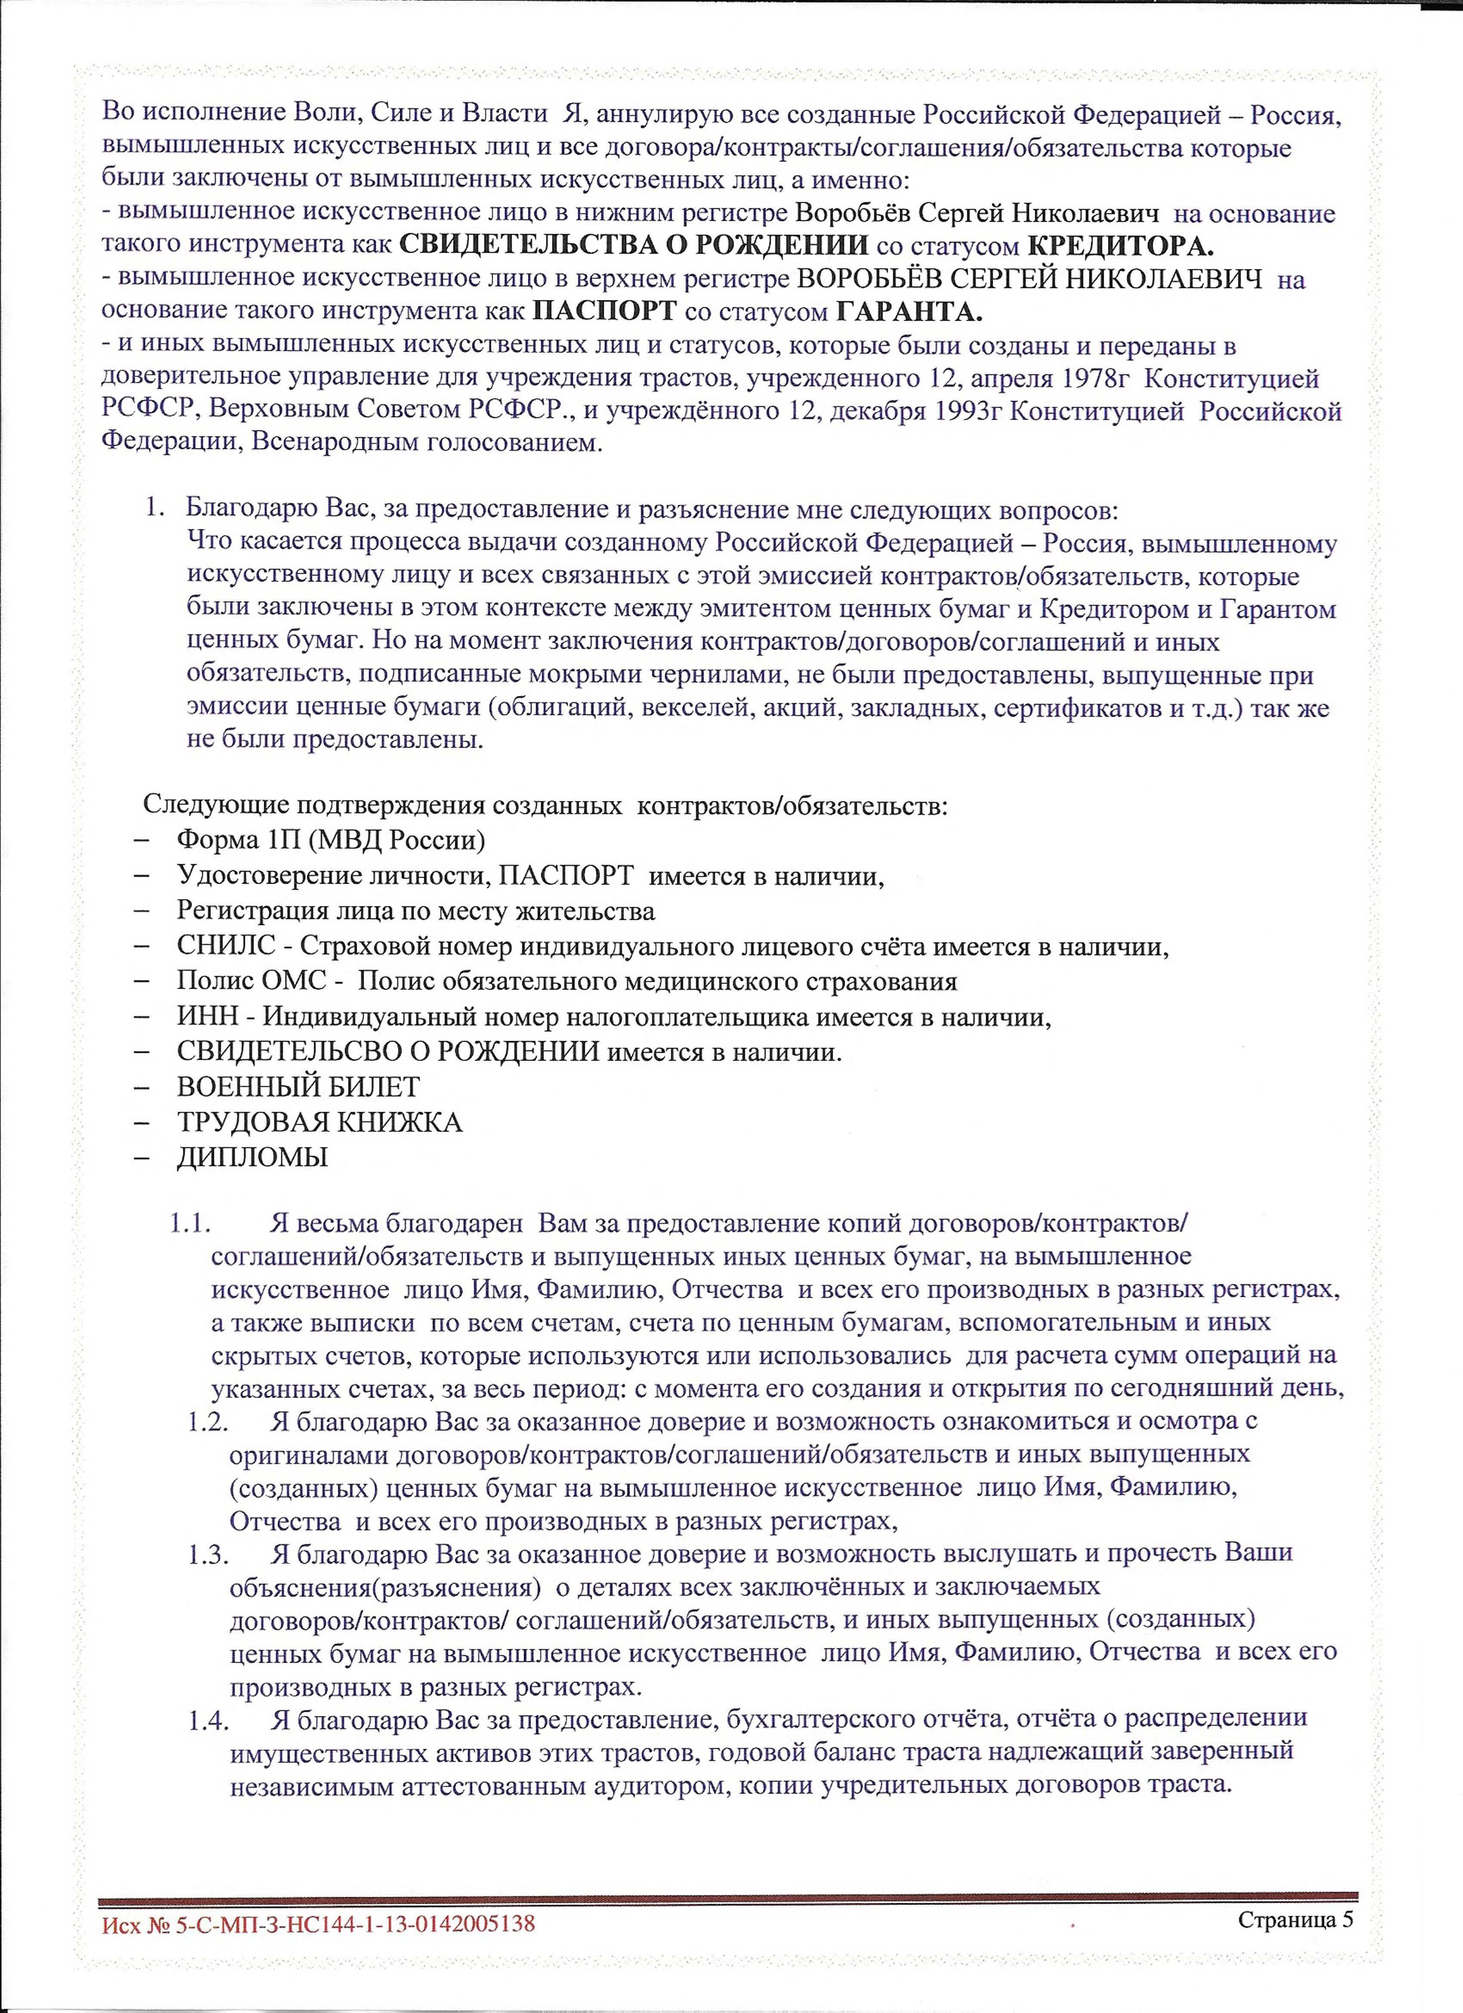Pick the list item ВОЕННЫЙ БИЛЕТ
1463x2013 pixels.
click(x=298, y=1087)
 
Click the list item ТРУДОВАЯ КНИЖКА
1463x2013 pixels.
click(x=319, y=1123)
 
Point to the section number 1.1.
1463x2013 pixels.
click(x=189, y=1223)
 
